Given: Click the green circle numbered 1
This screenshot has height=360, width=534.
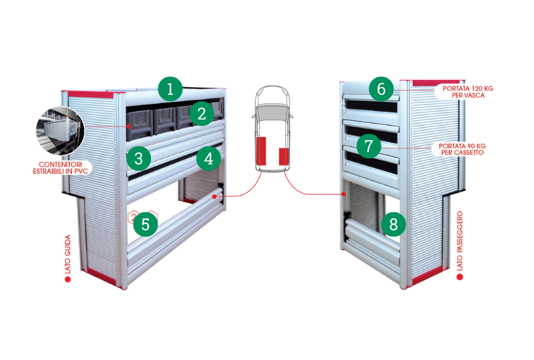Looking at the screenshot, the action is (170, 89).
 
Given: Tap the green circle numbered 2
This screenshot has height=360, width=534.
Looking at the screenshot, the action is (202, 114).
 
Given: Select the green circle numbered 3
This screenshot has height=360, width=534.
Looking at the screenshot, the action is (138, 158).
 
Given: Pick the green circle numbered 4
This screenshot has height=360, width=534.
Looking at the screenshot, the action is (209, 158).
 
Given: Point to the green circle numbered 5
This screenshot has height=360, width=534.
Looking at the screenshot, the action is (145, 224).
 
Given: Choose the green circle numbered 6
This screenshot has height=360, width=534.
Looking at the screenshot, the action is (381, 89).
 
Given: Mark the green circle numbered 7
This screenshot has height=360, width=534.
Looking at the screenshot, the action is (369, 146).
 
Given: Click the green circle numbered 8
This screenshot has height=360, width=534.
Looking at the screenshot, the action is (393, 224).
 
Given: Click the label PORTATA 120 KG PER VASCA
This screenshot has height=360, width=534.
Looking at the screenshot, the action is (468, 92).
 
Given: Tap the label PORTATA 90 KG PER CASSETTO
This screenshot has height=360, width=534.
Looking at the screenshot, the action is (462, 149).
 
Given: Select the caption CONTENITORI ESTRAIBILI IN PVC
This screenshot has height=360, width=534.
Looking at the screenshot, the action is (60, 168).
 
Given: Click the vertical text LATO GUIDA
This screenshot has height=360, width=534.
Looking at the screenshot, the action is (68, 254).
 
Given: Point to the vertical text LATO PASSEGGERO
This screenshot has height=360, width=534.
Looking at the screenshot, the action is (459, 241).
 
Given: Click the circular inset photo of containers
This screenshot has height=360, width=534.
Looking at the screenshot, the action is (60, 131).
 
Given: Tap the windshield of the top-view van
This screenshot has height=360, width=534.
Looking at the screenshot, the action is (273, 111).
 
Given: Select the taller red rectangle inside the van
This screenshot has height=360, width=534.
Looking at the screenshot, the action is (261, 151).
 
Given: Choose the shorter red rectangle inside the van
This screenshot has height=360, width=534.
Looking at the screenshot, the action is (284, 156).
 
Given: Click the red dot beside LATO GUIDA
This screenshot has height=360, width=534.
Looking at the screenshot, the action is (68, 279).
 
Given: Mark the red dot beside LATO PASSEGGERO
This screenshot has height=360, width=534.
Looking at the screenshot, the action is (459, 277).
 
